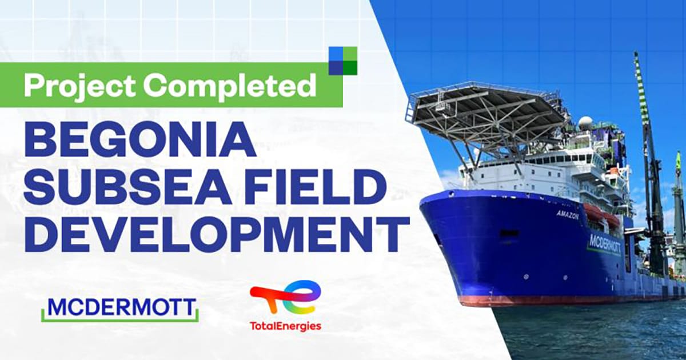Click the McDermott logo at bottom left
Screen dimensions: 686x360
(x=120, y=309)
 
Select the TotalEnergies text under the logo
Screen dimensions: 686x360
(x=285, y=326)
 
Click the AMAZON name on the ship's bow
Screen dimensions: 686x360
(x=568, y=215)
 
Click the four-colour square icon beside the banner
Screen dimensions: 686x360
(x=343, y=61)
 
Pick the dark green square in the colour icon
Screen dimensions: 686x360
(x=350, y=67)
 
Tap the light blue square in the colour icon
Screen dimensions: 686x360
(x=336, y=54)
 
